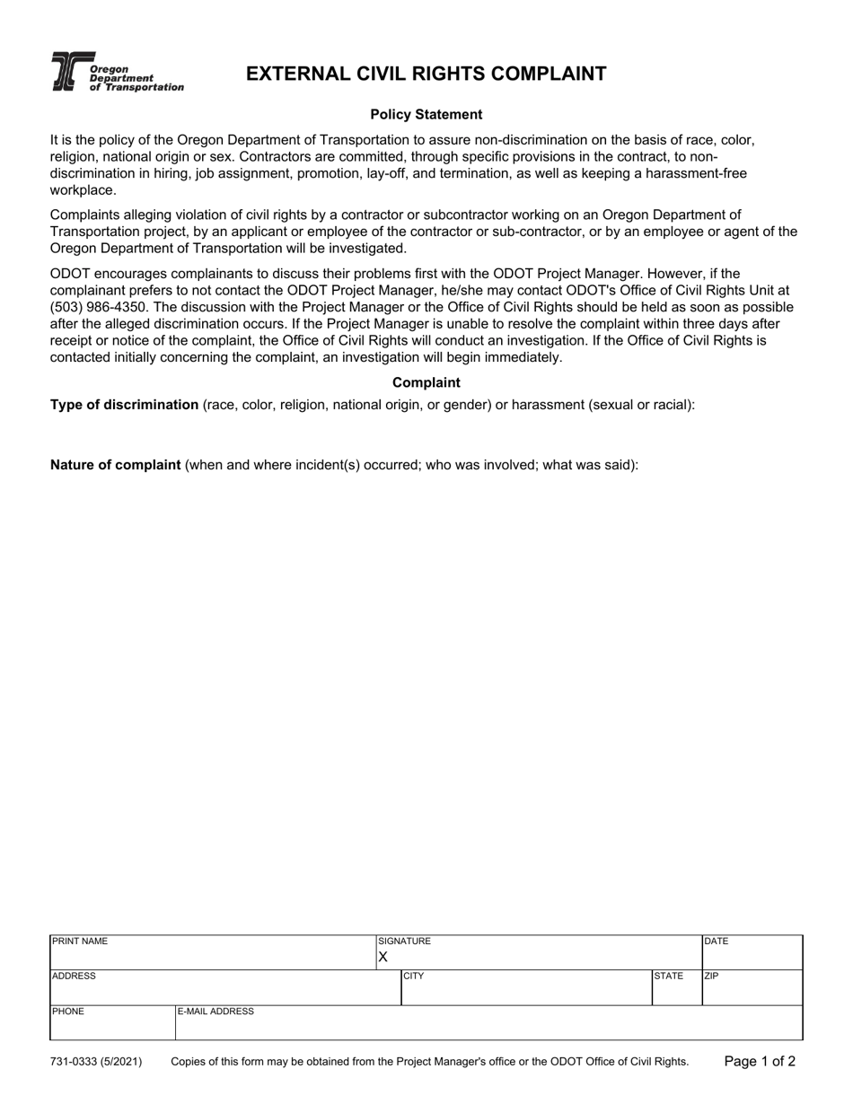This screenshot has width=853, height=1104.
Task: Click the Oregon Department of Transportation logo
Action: click(x=117, y=72)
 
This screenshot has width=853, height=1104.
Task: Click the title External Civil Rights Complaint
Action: click(x=426, y=74)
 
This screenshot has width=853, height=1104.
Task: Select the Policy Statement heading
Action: click(x=426, y=115)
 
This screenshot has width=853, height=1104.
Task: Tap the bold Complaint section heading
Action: click(x=426, y=382)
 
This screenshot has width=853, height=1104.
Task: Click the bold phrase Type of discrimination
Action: click(x=124, y=405)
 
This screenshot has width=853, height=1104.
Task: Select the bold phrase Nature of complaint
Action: click(x=115, y=465)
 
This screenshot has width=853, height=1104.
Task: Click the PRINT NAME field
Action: click(x=212, y=953)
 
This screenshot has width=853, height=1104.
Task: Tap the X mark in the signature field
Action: click(x=383, y=958)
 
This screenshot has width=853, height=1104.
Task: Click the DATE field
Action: click(x=752, y=953)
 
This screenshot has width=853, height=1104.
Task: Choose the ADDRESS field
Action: click(x=224, y=988)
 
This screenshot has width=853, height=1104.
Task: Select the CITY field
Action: click(x=525, y=988)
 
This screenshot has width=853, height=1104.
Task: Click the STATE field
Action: click(x=676, y=988)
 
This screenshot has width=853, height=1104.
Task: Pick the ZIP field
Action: click(x=752, y=988)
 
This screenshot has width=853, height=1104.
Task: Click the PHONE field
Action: click(x=111, y=1023)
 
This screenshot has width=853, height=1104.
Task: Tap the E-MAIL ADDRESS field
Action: click(x=488, y=1024)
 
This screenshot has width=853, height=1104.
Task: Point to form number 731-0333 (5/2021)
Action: click(x=96, y=1062)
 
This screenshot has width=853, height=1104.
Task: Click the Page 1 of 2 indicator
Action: click(x=760, y=1062)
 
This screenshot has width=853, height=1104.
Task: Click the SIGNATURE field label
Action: click(x=405, y=942)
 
